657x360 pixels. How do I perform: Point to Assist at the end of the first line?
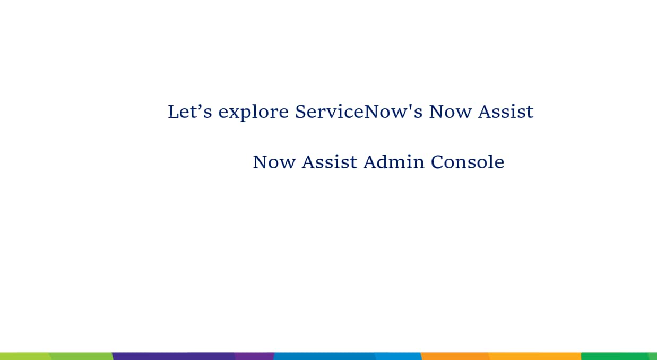[506, 112]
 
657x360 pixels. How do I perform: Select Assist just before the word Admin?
[330, 162]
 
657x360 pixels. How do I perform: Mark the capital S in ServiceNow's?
[300, 112]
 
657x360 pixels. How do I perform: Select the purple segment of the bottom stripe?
[254, 356]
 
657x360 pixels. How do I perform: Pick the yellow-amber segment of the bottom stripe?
[535, 356]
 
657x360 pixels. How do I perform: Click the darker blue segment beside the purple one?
[324, 356]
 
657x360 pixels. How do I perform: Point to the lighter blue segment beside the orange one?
[398, 356]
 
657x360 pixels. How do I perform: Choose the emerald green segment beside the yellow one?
[615, 356]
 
